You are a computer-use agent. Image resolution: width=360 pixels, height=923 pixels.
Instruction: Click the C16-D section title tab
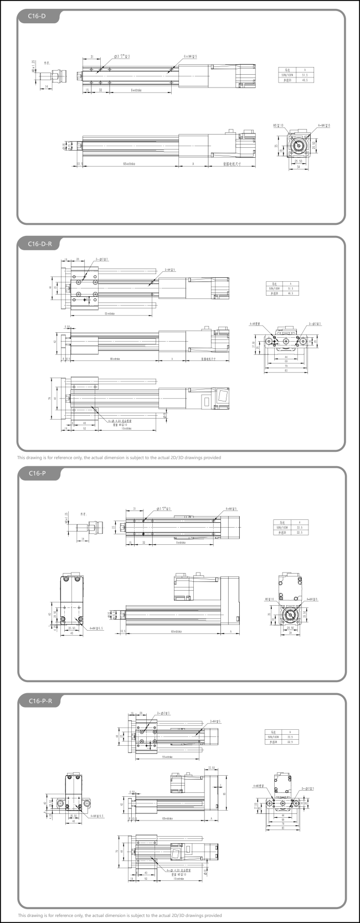[37, 16]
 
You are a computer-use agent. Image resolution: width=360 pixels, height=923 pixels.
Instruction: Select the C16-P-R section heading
[40, 701]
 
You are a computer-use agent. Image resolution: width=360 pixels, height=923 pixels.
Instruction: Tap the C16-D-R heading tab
[40, 244]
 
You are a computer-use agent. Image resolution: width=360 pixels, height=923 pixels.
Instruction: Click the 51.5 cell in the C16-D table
[304, 75]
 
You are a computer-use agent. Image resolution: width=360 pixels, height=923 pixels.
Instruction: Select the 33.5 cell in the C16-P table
[299, 527]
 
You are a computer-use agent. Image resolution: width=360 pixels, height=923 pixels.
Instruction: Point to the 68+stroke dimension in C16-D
[130, 164]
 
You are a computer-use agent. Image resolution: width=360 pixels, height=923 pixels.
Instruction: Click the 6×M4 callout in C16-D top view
[191, 56]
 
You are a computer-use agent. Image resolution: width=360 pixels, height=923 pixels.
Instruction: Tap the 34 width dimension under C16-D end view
[299, 167]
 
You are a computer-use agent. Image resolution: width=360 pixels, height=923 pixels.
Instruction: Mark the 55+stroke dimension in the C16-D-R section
[109, 314]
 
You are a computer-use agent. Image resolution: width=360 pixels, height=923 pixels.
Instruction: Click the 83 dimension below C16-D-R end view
[286, 370]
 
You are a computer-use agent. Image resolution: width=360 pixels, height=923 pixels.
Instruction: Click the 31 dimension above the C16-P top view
[135, 508]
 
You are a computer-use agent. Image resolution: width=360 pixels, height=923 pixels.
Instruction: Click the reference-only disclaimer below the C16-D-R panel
[119, 458]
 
